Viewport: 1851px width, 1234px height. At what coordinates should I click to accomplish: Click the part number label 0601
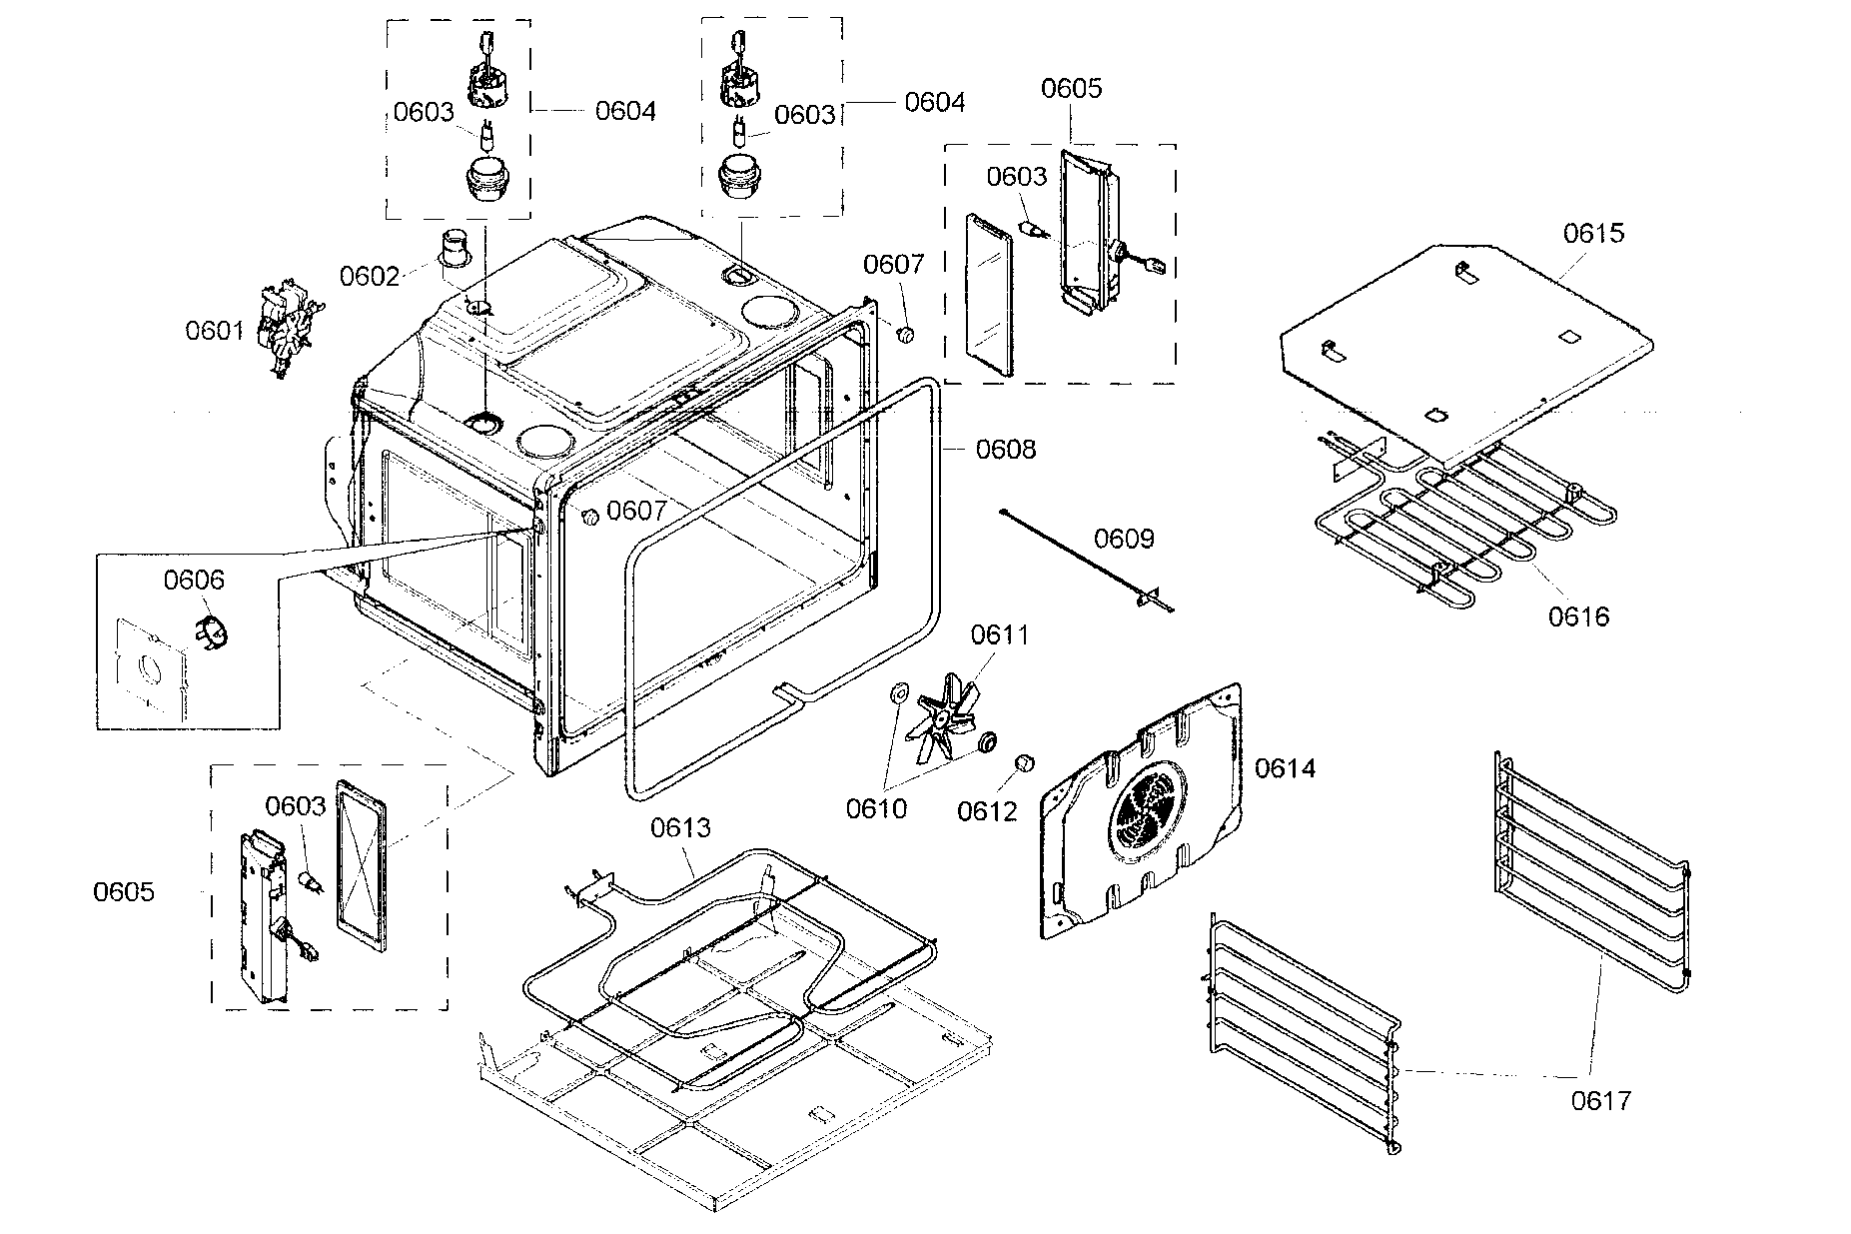[215, 330]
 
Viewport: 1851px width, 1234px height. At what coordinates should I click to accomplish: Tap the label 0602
[370, 276]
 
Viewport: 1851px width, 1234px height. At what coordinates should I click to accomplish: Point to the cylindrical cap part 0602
[458, 248]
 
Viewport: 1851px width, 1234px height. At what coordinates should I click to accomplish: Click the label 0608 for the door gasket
[1006, 450]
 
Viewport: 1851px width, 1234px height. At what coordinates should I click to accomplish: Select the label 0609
[1124, 540]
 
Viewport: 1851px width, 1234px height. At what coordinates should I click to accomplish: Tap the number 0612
[987, 811]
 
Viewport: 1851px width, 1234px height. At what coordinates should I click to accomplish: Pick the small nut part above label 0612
[1023, 764]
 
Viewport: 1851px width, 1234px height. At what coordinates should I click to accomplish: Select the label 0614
[1285, 768]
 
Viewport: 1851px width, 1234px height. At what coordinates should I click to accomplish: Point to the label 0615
[1593, 233]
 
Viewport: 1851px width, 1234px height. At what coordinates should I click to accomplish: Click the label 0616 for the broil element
[1579, 617]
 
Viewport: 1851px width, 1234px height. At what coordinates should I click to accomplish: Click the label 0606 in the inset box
[195, 580]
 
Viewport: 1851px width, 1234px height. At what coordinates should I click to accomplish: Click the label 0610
[876, 809]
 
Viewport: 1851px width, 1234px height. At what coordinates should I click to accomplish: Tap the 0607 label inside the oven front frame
[636, 512]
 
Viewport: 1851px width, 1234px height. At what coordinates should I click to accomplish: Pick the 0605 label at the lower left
[124, 891]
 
